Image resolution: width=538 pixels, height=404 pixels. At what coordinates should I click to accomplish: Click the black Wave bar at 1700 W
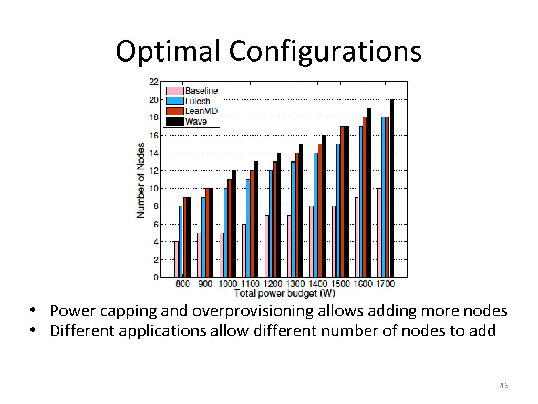tap(391, 188)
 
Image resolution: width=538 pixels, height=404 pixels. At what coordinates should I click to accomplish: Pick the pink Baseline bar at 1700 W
tap(379, 233)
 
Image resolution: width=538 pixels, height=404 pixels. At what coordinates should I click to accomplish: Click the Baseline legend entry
tap(200, 90)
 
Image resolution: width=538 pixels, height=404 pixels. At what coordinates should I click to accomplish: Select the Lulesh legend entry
tap(197, 100)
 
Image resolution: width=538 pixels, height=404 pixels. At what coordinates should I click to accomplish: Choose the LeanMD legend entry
tap(200, 111)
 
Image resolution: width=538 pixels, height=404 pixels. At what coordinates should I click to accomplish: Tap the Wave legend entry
tap(195, 122)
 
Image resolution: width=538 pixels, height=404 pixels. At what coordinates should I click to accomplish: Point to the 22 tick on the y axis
tap(153, 82)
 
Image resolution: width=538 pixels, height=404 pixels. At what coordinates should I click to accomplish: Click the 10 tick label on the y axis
tap(153, 188)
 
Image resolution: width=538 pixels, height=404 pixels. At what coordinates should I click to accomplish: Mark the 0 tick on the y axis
tap(156, 277)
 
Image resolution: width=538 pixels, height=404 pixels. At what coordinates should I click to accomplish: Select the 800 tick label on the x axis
tap(182, 284)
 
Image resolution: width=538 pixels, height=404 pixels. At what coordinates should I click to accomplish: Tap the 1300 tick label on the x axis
tap(295, 284)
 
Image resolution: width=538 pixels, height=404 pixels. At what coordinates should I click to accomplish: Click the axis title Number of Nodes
tap(141, 180)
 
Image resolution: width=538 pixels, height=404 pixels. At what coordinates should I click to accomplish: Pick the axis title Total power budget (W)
tap(284, 292)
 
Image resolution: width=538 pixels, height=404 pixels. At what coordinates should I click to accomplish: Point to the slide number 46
tap(503, 386)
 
